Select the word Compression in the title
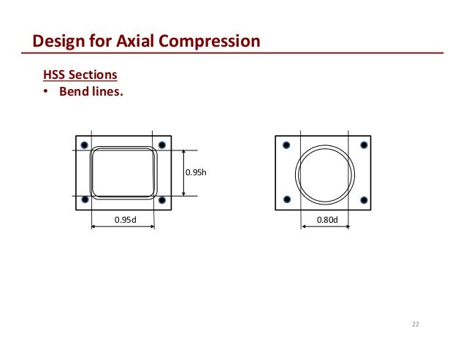tap(215, 41)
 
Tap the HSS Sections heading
tap(80, 75)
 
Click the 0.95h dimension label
tap(195, 172)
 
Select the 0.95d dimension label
tap(123, 219)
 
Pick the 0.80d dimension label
tap(325, 219)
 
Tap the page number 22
tap(416, 324)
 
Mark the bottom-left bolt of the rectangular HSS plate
tap(85, 199)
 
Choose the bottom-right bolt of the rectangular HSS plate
tap(161, 199)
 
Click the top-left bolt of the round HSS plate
tap(286, 145)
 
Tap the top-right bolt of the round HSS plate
tap(363, 145)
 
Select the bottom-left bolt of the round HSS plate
tap(286, 199)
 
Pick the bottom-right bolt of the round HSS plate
tap(363, 199)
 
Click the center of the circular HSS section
tap(325, 174)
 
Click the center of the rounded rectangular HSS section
tap(123, 172)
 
